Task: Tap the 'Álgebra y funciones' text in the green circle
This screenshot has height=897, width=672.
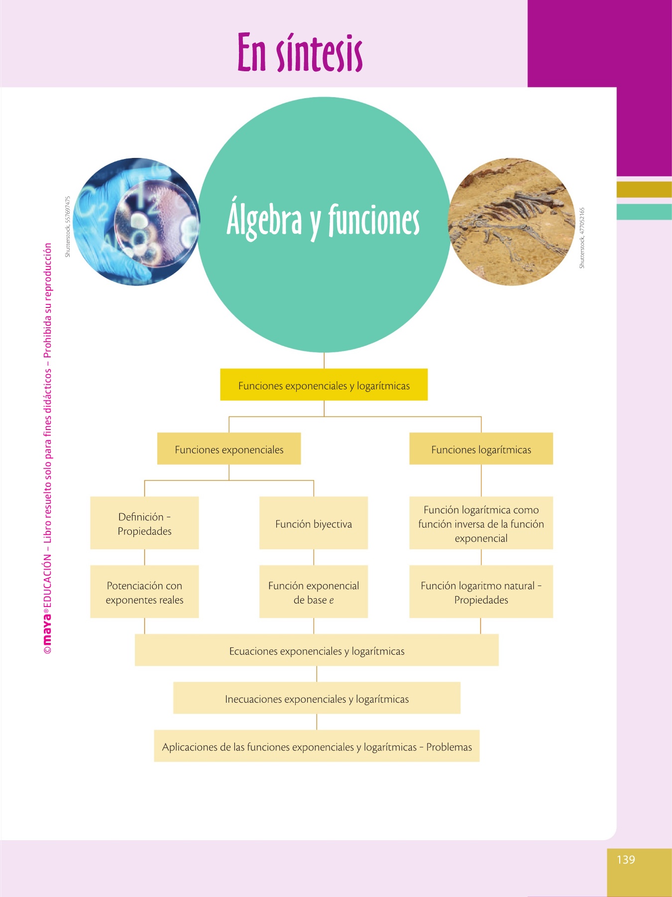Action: (323, 220)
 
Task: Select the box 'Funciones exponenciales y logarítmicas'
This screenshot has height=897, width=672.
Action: (324, 385)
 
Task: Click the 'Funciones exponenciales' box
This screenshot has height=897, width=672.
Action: (229, 449)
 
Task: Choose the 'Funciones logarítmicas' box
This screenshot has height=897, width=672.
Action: (481, 449)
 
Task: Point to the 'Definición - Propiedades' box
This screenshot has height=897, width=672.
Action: (144, 523)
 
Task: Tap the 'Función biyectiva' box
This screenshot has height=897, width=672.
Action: (314, 523)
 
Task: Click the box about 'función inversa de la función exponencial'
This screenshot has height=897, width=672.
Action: (481, 523)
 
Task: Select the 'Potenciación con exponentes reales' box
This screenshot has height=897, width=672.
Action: (144, 592)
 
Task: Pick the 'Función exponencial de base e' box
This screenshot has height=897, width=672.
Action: (314, 592)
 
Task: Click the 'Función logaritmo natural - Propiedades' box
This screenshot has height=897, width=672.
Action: (481, 592)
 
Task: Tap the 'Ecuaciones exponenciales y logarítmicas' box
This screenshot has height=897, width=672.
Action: (317, 650)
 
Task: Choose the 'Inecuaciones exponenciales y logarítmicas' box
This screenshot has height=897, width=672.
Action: (317, 698)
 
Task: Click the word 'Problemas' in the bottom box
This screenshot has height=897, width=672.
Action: (449, 747)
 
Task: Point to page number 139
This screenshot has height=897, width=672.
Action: (626, 860)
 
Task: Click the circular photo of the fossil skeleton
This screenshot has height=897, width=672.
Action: (512, 222)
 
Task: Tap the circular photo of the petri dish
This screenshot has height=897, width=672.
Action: (136, 222)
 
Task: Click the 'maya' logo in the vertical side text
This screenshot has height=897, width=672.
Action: (47, 630)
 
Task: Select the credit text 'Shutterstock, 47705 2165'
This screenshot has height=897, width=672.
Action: (582, 238)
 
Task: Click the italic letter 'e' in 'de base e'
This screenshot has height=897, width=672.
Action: (332, 600)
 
